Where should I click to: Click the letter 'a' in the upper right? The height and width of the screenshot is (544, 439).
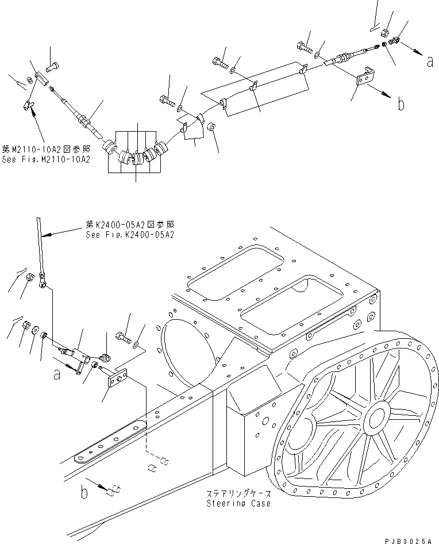point(430,62)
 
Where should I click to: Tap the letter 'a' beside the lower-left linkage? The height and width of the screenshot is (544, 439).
point(57,374)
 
